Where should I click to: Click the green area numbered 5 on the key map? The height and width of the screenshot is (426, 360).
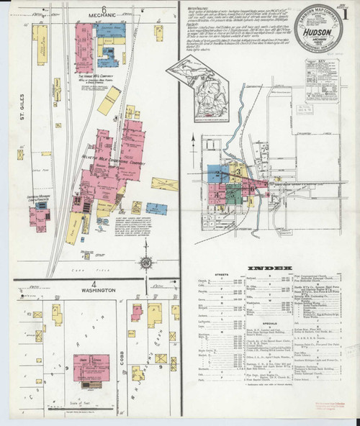pyautogui.click(x=233, y=193)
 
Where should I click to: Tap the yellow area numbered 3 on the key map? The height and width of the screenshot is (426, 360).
pyautogui.click(x=235, y=171)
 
